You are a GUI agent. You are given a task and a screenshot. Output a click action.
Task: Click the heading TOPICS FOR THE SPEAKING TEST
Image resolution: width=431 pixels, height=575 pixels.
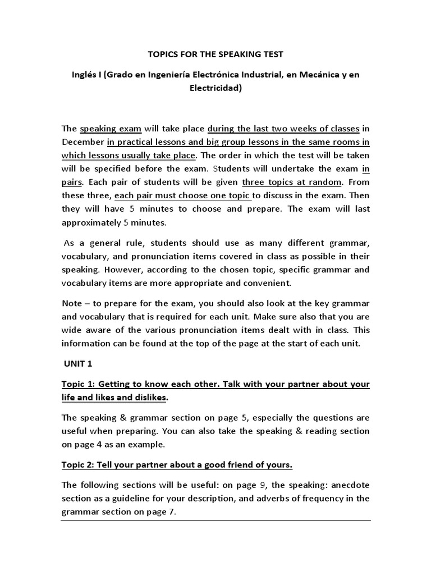215,54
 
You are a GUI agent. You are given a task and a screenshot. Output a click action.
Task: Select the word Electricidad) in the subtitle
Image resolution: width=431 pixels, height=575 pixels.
215,88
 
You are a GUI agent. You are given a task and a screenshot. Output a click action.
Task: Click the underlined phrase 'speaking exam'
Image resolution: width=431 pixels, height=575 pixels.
111,128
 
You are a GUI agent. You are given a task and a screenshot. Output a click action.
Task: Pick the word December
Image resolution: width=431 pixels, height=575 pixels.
82,142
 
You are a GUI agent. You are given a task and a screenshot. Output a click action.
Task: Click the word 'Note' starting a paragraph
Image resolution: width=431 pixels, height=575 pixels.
72,303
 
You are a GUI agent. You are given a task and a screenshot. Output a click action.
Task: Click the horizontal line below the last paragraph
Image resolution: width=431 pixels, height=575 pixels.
215,521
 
